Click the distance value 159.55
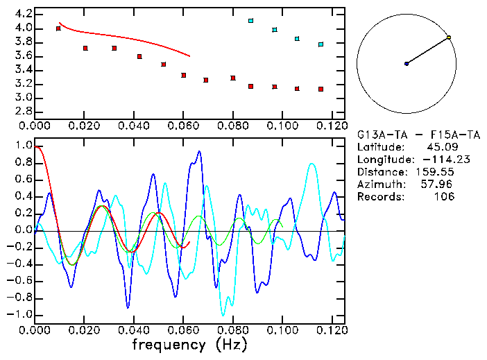coord(435,171)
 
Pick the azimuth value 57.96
coord(438,184)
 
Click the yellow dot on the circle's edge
coord(449,37)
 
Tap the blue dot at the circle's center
coord(407,64)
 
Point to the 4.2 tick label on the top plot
coord(23,14)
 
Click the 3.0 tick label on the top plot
coord(23,98)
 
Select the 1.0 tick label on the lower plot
coord(23,146)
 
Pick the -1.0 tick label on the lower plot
coord(21,314)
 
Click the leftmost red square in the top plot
coord(58,28)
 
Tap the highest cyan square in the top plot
coord(250,21)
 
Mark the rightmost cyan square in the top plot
coord(321,44)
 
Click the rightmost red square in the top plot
coord(321,89)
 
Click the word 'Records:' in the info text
coord(381,196)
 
